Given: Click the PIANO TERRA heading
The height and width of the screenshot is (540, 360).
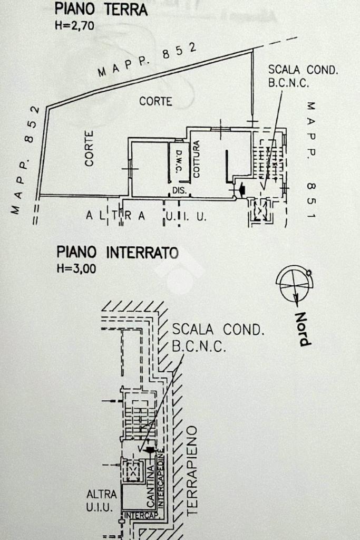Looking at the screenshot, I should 101,9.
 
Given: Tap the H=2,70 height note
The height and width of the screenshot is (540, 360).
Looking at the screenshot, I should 74,25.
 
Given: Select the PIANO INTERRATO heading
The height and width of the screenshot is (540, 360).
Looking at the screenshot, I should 117,253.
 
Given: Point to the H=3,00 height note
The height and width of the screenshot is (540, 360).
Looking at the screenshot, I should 76,268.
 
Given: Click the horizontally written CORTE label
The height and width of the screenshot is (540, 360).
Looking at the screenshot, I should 155,101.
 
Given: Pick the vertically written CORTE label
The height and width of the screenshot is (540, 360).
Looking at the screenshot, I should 89,149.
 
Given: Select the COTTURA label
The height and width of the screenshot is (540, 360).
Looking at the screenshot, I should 196,159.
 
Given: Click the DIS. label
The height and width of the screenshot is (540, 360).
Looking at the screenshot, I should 179,190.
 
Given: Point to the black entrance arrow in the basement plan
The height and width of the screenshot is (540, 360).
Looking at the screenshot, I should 150,450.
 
